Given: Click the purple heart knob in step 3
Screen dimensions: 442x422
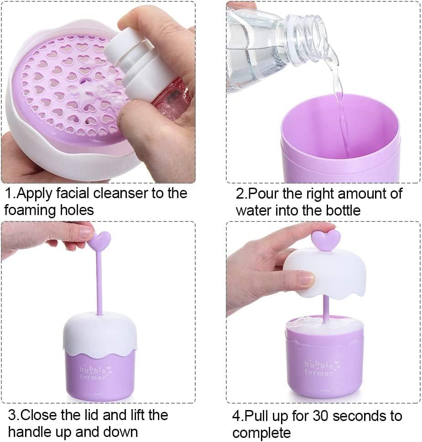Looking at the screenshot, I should tap(99, 240).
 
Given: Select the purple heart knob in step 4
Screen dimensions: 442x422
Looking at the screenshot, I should tap(325, 238).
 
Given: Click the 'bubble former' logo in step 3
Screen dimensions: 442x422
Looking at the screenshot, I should tap(94, 373).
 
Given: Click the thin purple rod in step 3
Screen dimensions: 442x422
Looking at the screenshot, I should tap(99, 283).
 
